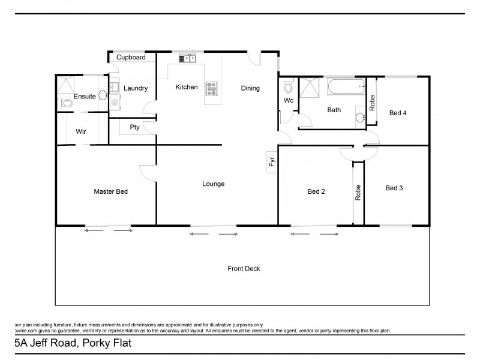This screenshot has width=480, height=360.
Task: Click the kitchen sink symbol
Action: (x=188, y=58)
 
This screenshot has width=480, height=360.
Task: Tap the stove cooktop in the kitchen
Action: (x=211, y=89)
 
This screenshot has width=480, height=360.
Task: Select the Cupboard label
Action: (x=131, y=58)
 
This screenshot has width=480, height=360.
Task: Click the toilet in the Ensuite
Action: (x=67, y=103)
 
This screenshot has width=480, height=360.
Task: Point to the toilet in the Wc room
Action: (x=288, y=88)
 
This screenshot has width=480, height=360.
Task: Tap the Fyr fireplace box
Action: (x=272, y=161)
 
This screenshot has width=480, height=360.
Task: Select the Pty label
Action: (x=134, y=127)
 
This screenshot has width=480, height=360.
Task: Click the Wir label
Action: (x=81, y=131)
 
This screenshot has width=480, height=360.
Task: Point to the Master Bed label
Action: (x=110, y=191)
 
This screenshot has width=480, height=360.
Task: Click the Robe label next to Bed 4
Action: (x=373, y=103)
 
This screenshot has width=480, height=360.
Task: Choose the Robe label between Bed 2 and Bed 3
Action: (x=358, y=192)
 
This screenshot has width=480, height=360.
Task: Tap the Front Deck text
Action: (x=244, y=269)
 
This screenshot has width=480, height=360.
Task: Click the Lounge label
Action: (x=213, y=184)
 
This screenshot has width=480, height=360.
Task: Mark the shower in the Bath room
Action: (x=310, y=88)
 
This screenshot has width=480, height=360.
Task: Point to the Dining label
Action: (x=250, y=88)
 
